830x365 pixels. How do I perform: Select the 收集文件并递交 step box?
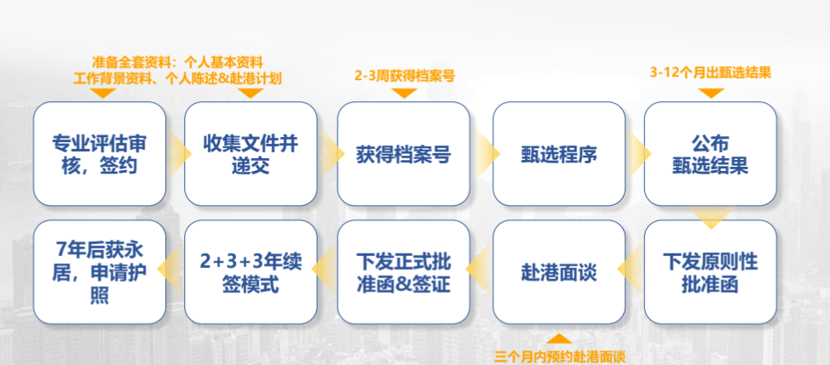click(x=251, y=154)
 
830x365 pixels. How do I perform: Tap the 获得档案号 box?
click(x=403, y=154)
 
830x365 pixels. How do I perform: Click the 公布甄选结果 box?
click(x=710, y=154)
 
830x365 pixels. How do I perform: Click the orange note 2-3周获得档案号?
click(x=404, y=75)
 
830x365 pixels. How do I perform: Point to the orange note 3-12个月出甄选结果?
click(x=711, y=73)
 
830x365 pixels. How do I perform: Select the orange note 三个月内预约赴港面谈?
click(x=560, y=356)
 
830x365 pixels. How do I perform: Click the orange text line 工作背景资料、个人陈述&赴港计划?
click(x=177, y=77)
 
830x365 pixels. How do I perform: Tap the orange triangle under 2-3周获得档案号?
click(x=404, y=92)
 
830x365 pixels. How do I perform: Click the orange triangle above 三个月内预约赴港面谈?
click(x=559, y=339)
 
